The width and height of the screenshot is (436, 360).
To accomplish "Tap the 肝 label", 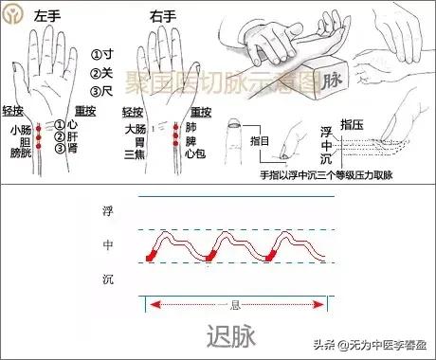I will pyautogui.click(x=72, y=136).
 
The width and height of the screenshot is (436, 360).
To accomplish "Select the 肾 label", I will pyautogui.click(x=72, y=148).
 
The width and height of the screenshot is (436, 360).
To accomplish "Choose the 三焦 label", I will pyautogui.click(x=135, y=152).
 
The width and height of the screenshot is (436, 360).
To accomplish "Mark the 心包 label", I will pyautogui.click(x=196, y=152).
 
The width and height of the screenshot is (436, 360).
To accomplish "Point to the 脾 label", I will pyautogui.click(x=191, y=140).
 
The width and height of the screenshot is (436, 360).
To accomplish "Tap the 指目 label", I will pyautogui.click(x=260, y=140).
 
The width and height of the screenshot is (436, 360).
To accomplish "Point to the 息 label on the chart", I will pyautogui.click(x=235, y=305).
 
